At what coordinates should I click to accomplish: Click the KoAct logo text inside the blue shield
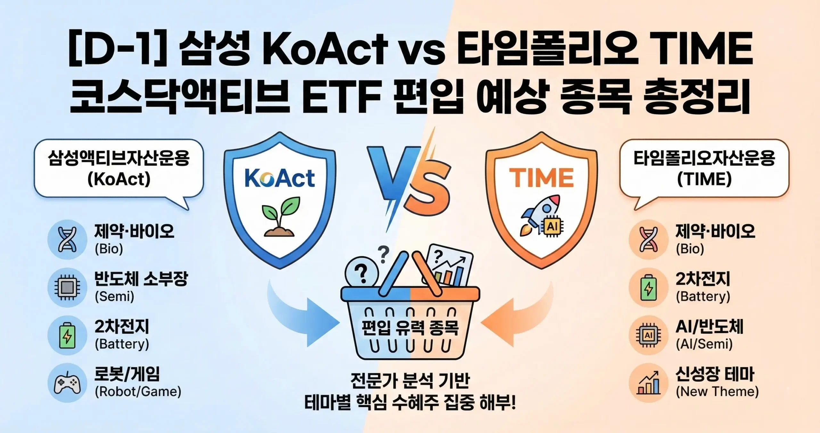click(x=279, y=178)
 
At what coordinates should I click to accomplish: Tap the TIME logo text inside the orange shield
click(x=541, y=178)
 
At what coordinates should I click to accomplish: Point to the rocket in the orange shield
click(x=541, y=215)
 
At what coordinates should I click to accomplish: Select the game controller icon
click(x=67, y=383)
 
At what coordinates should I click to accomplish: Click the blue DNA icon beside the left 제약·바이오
click(x=67, y=239)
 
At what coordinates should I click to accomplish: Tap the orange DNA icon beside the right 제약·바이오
click(x=648, y=239)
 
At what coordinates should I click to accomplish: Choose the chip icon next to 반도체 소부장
click(x=67, y=287)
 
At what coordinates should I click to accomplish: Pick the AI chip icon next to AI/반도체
click(x=648, y=335)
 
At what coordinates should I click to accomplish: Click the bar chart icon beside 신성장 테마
click(x=648, y=383)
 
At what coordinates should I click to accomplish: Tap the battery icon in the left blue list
click(x=67, y=335)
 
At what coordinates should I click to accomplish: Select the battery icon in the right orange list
click(x=648, y=287)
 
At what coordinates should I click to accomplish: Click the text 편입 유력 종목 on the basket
click(x=410, y=328)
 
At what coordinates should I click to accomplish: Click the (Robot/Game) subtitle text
click(x=138, y=392)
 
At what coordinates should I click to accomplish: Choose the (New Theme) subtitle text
click(x=717, y=392)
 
